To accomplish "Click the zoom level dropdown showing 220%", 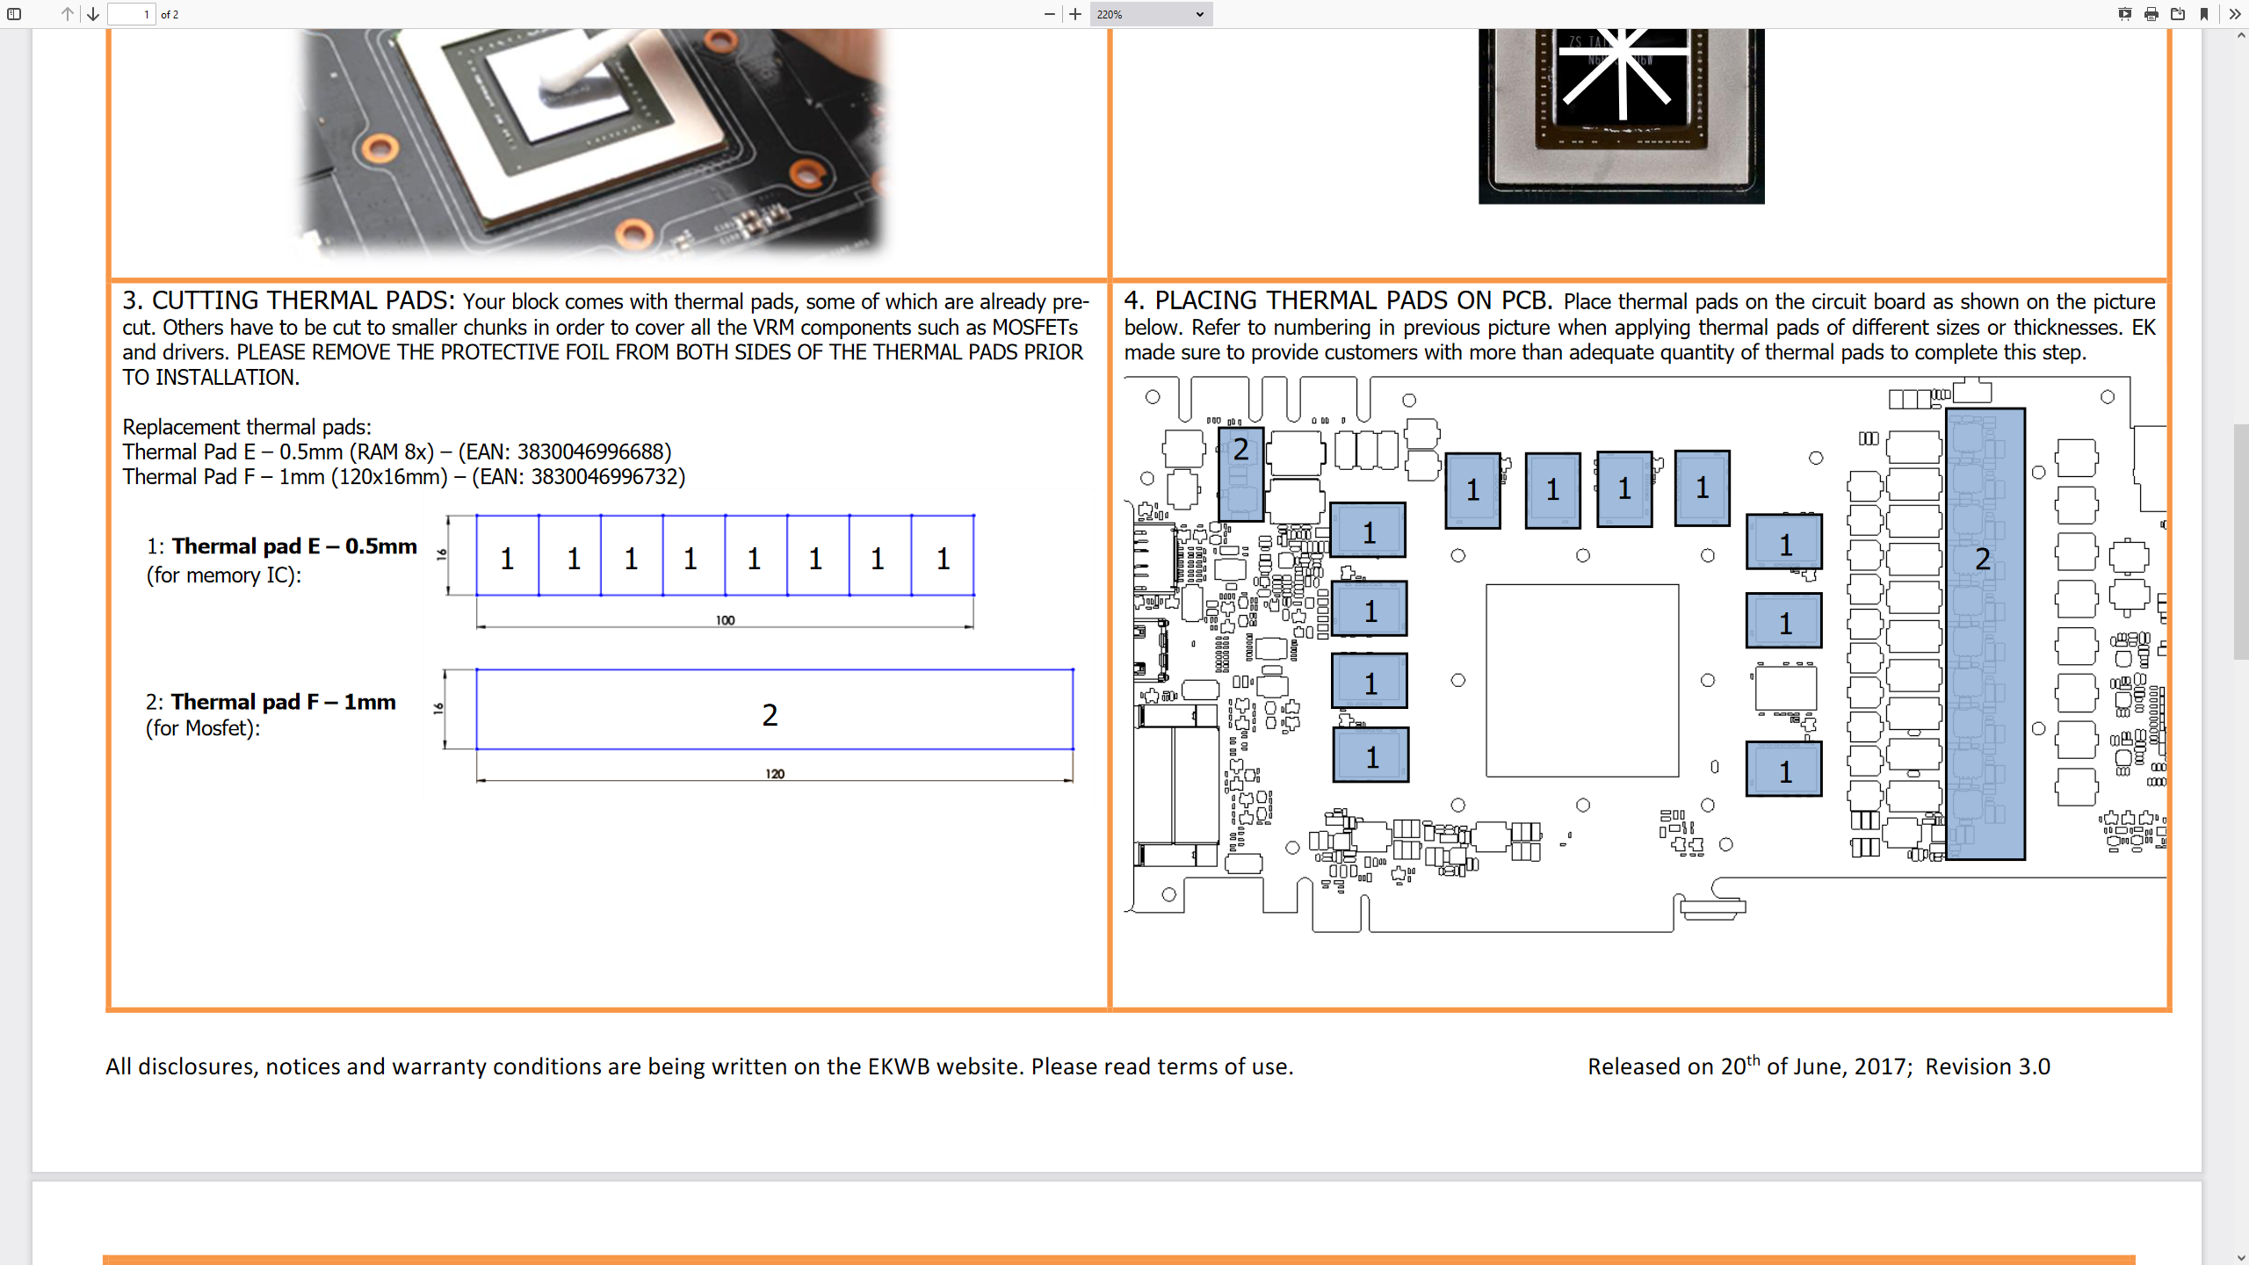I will (x=1150, y=14).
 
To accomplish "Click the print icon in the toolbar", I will (x=2151, y=14).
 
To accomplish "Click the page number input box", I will (x=131, y=14).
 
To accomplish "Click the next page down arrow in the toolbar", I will (x=93, y=14).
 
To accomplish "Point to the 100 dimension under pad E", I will (x=725, y=620).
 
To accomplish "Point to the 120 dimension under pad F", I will (x=774, y=774).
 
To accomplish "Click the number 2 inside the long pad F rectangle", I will (x=770, y=715).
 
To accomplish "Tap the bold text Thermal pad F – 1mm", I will (x=283, y=702).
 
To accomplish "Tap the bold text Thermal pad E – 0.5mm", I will (x=294, y=546).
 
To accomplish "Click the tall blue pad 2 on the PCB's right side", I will (x=1985, y=632).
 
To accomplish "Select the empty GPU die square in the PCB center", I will (x=1581, y=680).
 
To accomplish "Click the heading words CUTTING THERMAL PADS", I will (x=303, y=301).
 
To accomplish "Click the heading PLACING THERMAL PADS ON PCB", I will (x=1353, y=301).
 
